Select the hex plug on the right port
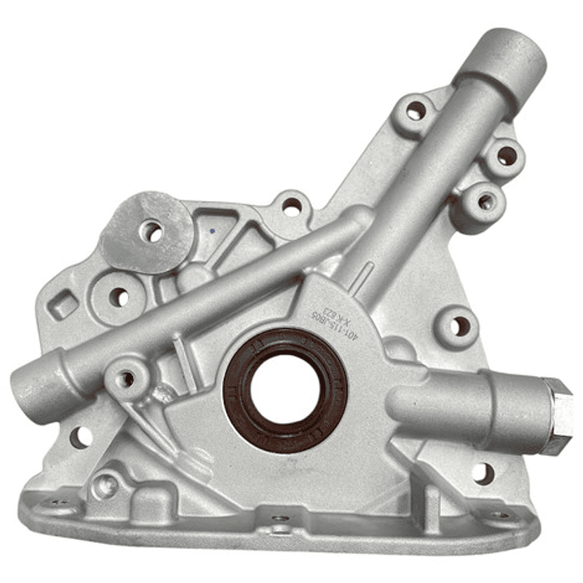[x=557, y=415]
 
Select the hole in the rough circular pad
[x=152, y=232]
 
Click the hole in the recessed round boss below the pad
[x=118, y=297]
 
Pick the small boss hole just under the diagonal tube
[x=126, y=378]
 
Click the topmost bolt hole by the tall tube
[x=416, y=111]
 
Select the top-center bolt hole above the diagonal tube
[x=291, y=207]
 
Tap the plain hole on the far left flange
[x=79, y=437]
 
